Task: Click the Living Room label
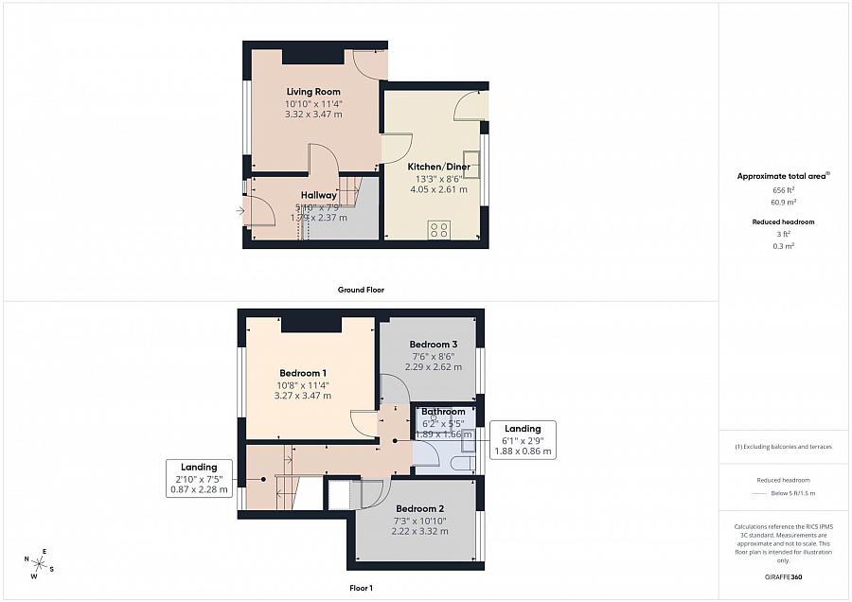(313, 92)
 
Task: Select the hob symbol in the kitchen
(439, 228)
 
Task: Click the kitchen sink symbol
(470, 158)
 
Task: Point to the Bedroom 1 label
(303, 373)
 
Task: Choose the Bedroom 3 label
(434, 344)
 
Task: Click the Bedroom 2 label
(419, 508)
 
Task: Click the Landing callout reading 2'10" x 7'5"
(199, 478)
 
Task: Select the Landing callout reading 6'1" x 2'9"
(523, 440)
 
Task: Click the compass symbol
(40, 564)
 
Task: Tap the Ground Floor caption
(362, 290)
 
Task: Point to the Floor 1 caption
(362, 588)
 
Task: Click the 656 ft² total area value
(784, 190)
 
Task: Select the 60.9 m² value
(784, 203)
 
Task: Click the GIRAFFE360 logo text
(783, 576)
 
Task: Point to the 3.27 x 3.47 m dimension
(303, 396)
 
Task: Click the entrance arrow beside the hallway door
(240, 210)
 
